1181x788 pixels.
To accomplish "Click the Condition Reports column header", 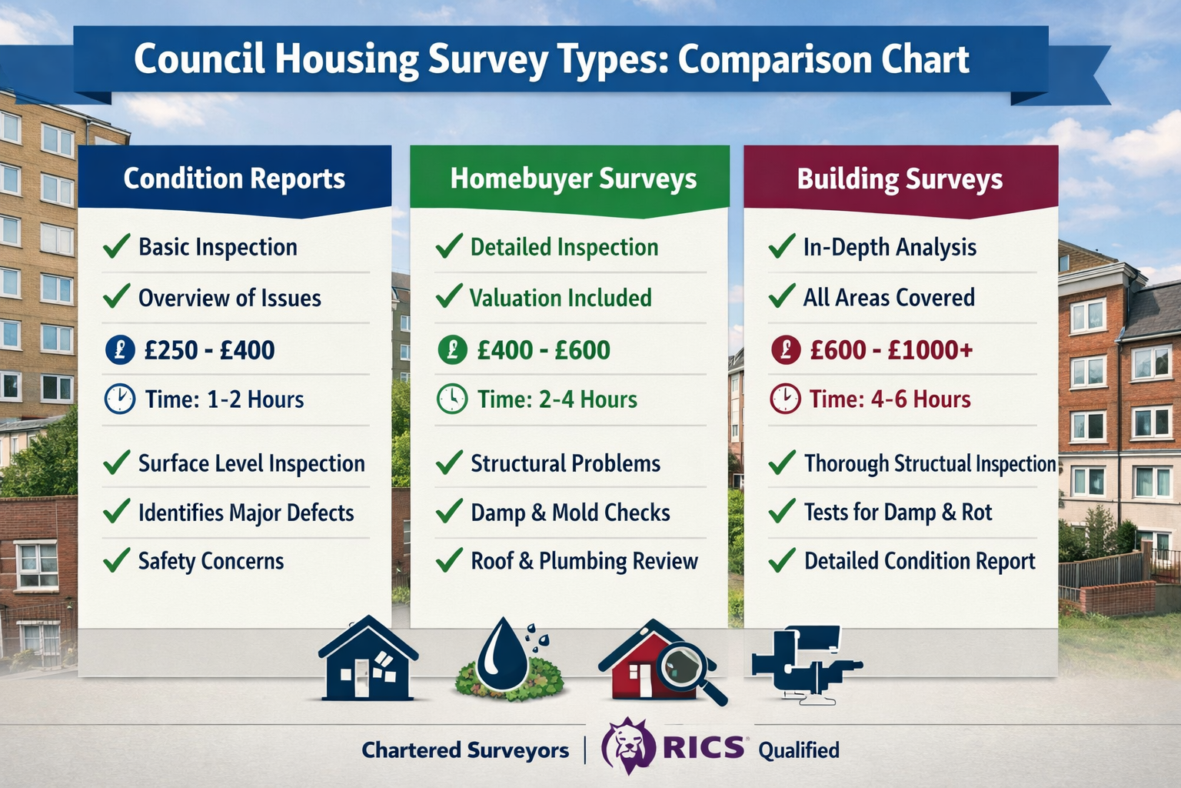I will click(x=235, y=179).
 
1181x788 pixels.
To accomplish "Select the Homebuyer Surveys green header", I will click(x=573, y=179).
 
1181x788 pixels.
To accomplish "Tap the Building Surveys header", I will click(x=900, y=179).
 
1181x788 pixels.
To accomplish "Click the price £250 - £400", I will click(x=209, y=350).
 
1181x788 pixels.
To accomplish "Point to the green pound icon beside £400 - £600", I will click(x=452, y=350).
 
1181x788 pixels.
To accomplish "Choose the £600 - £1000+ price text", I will click(x=891, y=350).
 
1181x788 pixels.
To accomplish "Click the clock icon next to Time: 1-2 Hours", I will click(x=119, y=399).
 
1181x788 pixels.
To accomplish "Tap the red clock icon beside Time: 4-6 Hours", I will click(x=785, y=399).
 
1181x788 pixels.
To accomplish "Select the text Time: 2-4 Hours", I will click(x=557, y=399).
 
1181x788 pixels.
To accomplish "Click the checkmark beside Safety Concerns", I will click(x=116, y=560).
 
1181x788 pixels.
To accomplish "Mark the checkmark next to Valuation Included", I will click(x=449, y=296).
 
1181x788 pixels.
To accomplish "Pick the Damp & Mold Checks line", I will click(x=570, y=513).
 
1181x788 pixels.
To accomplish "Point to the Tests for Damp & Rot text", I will click(x=897, y=513).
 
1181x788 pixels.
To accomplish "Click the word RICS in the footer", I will click(x=703, y=748).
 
